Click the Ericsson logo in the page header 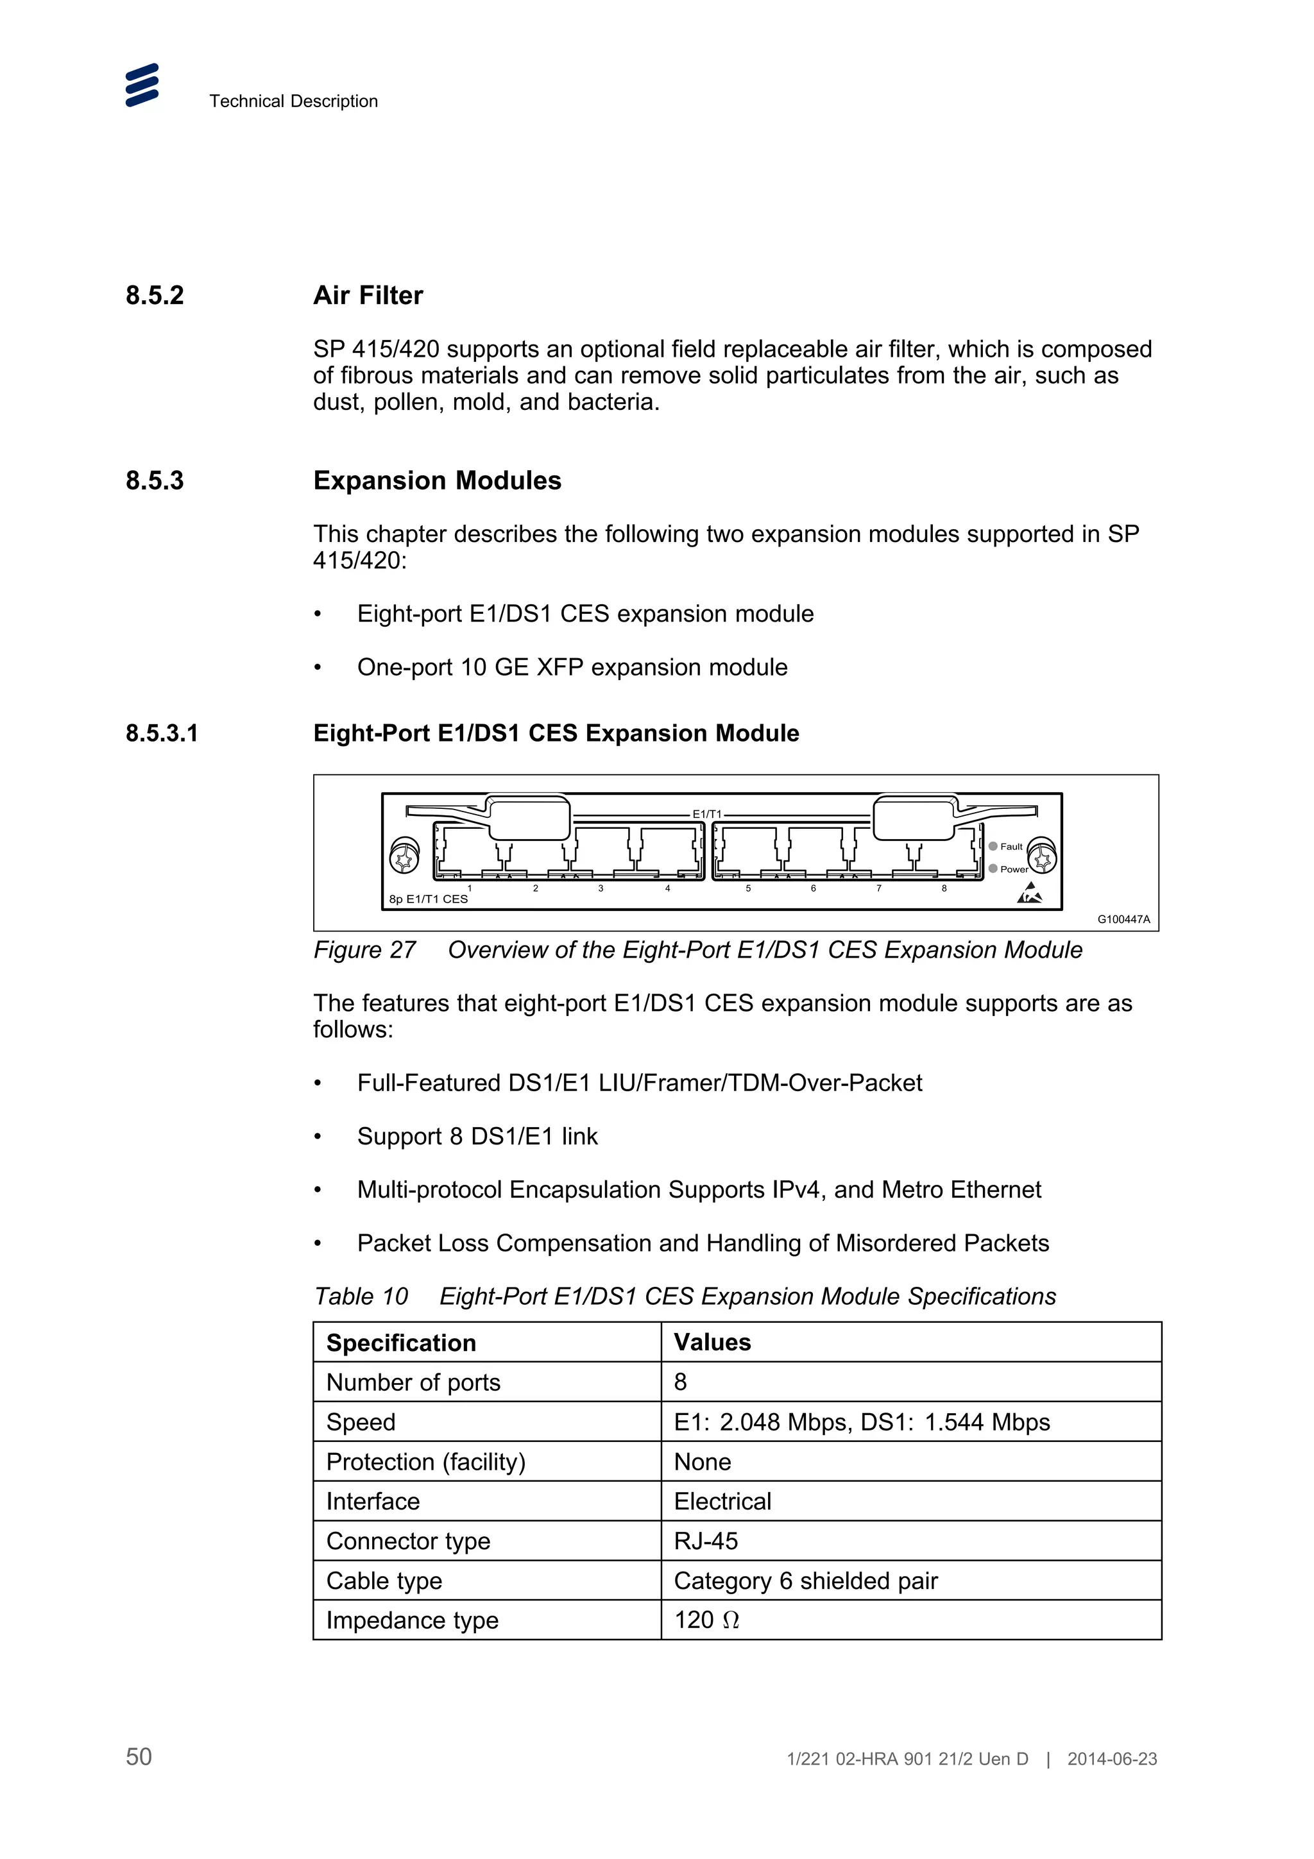coord(142,85)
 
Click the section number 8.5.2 coord(155,296)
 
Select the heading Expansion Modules coord(436,481)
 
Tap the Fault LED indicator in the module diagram coord(993,846)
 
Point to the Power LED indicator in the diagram coord(993,869)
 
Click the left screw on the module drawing coord(405,856)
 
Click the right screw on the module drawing coord(1041,856)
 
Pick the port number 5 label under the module coord(748,889)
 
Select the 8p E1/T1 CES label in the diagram coord(429,899)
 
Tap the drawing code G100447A coord(1123,920)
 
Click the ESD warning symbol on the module coord(1029,894)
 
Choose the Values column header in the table coord(712,1343)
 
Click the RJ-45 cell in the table coord(706,1541)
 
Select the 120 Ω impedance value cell coord(707,1620)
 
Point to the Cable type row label coord(384,1581)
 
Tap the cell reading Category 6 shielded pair coord(806,1581)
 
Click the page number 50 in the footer coord(139,1756)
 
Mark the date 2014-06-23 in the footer coord(1112,1758)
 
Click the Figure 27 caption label coord(364,950)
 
